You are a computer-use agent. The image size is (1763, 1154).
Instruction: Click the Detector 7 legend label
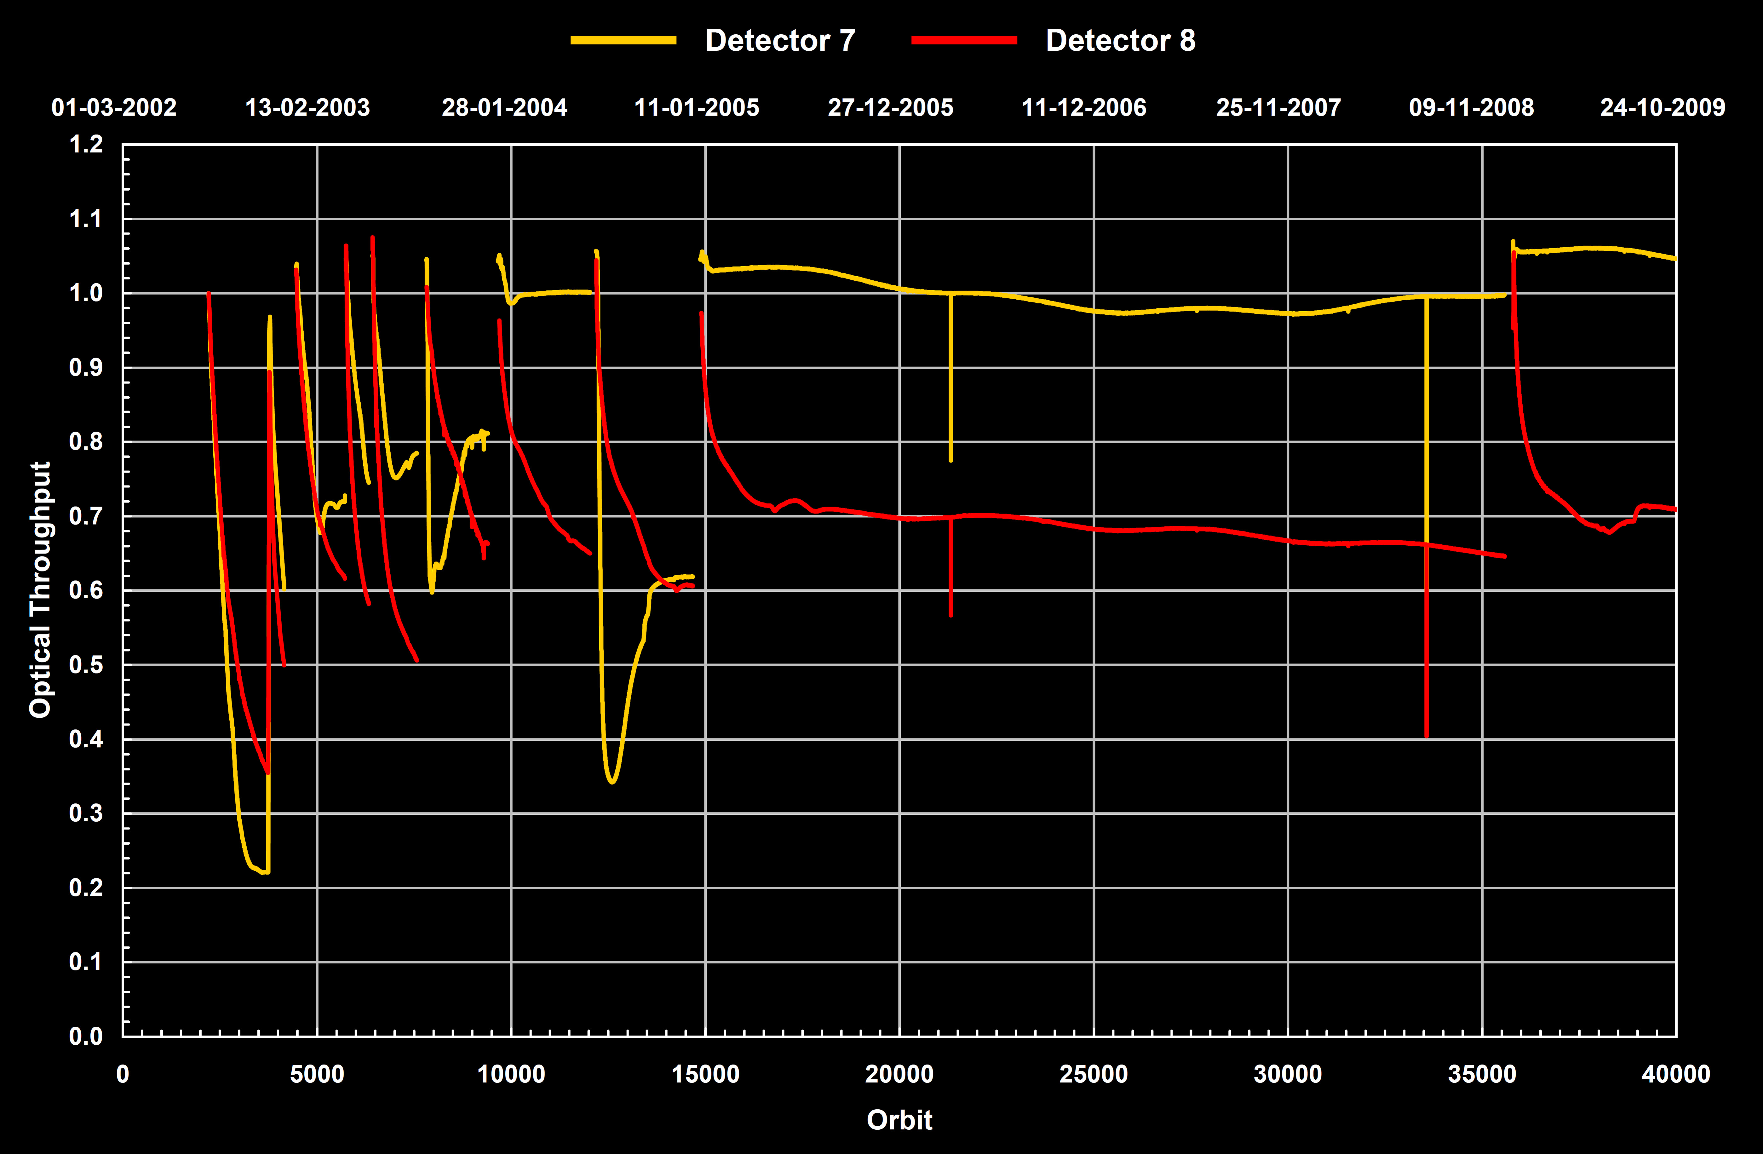pyautogui.click(x=780, y=41)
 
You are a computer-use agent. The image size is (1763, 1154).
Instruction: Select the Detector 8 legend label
pyautogui.click(x=1120, y=41)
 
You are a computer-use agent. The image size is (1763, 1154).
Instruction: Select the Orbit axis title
pyautogui.click(x=899, y=1120)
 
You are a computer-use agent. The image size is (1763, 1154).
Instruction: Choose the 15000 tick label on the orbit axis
pyautogui.click(x=705, y=1074)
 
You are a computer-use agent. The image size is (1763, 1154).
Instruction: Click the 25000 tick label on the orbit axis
pyautogui.click(x=1093, y=1074)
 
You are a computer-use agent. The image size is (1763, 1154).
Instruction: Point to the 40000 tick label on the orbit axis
pyautogui.click(x=1676, y=1074)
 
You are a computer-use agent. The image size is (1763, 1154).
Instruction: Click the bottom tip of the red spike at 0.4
pyautogui.click(x=1427, y=736)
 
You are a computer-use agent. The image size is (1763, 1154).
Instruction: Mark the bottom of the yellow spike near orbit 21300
pyautogui.click(x=950, y=460)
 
